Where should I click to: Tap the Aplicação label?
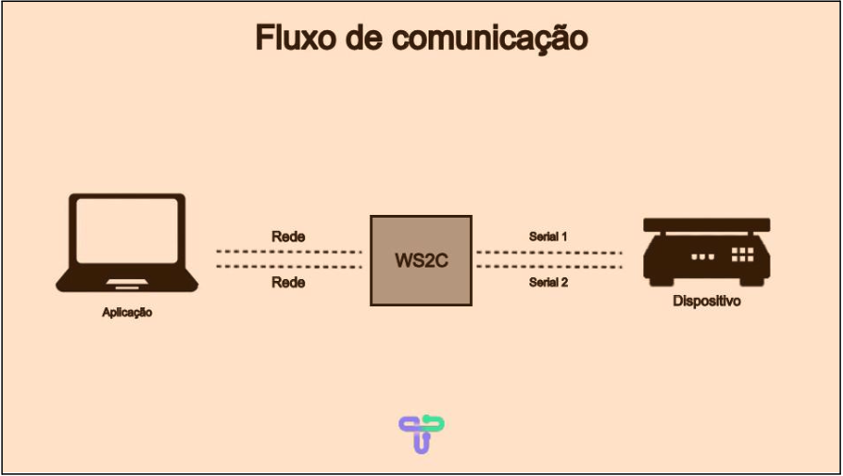pyautogui.click(x=127, y=312)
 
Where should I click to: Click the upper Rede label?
pyautogui.click(x=288, y=237)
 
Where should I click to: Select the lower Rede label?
pyautogui.click(x=288, y=282)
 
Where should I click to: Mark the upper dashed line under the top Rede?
pyautogui.click(x=288, y=252)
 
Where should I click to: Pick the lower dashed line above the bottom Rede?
pyautogui.click(x=288, y=267)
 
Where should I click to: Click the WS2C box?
pyautogui.click(x=420, y=260)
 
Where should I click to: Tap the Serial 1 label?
pyautogui.click(x=548, y=237)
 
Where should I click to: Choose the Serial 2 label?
pyautogui.click(x=548, y=282)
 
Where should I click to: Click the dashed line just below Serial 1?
pyautogui.click(x=548, y=252)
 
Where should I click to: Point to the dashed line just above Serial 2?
pyautogui.click(x=548, y=267)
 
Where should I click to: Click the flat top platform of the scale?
pyautogui.click(x=706, y=224)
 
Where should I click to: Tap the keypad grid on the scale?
pyautogui.click(x=742, y=254)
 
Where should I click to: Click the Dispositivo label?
pyautogui.click(x=706, y=302)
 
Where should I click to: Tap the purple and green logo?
pyautogui.click(x=421, y=434)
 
